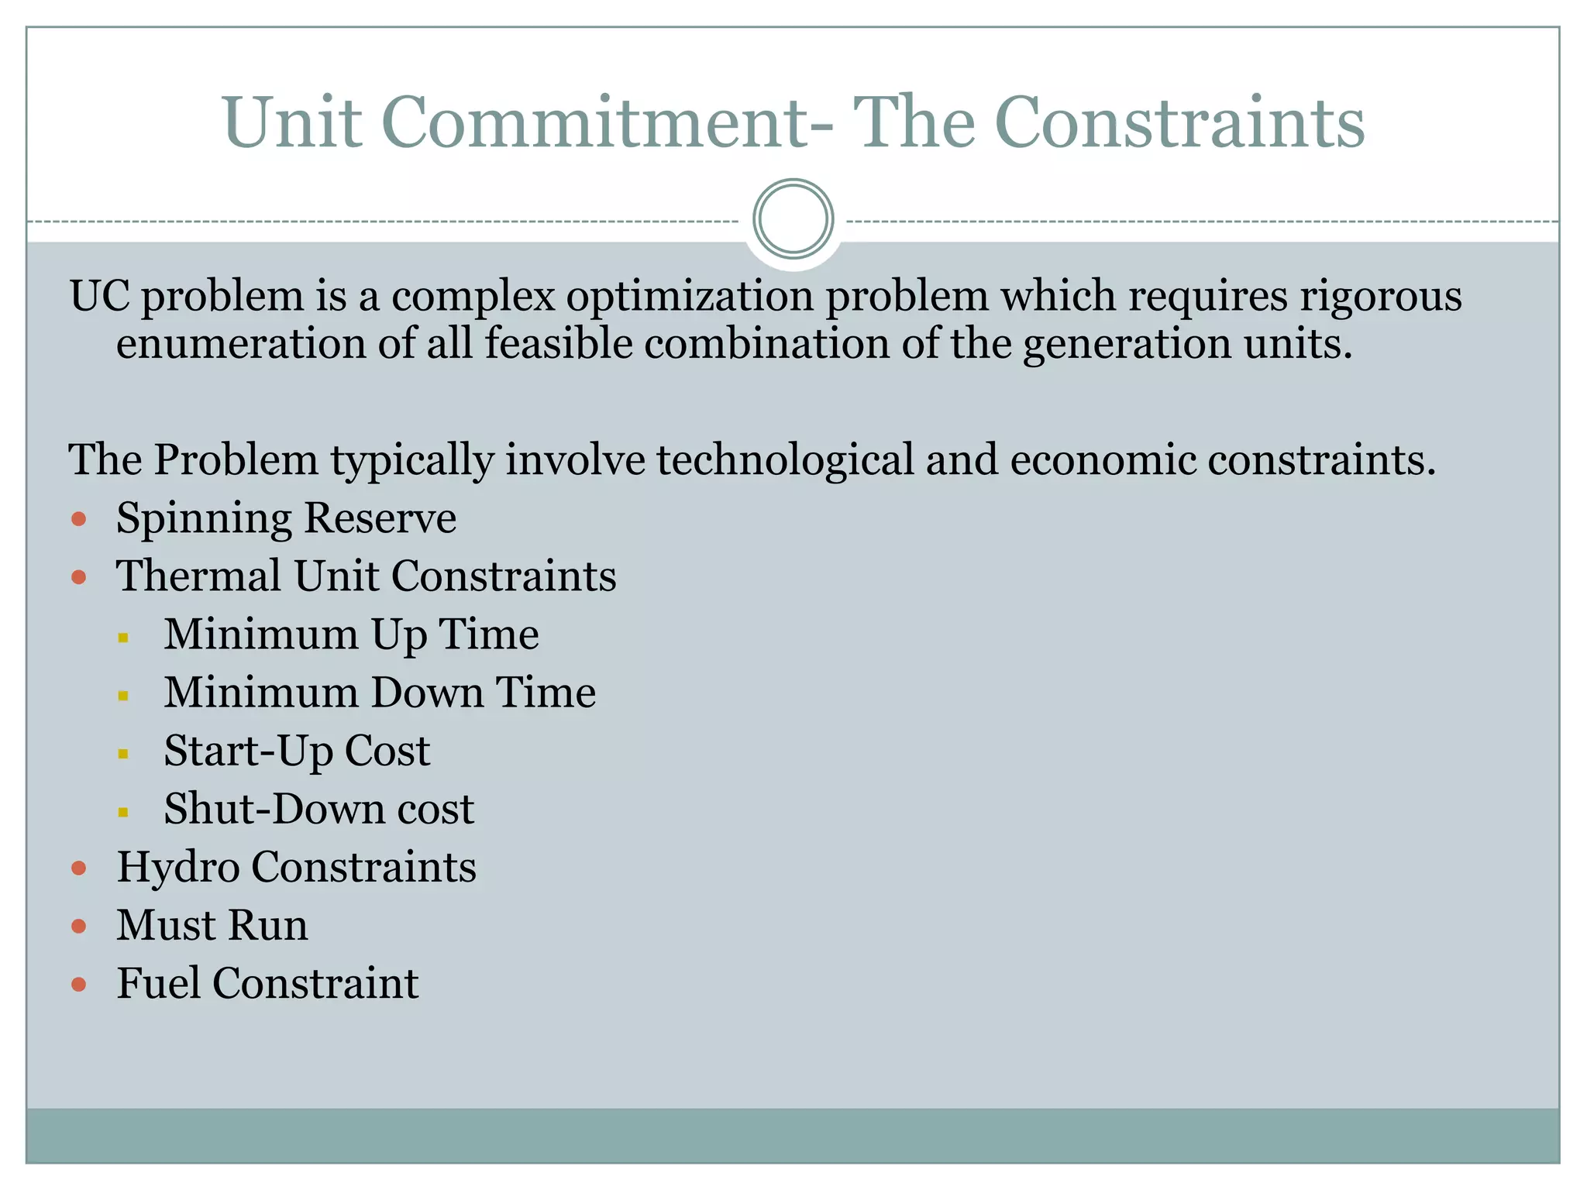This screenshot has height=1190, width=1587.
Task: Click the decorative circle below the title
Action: (793, 219)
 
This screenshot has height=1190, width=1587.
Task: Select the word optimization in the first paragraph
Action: (690, 297)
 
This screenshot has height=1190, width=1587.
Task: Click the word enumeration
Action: (241, 343)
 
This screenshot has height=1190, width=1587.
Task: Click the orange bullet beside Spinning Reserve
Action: (78, 518)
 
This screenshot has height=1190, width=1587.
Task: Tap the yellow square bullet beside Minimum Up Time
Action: (123, 638)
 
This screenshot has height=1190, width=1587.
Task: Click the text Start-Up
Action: (248, 751)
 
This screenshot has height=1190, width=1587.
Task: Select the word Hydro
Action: (178, 867)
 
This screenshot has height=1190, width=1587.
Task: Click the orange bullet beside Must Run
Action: (78, 926)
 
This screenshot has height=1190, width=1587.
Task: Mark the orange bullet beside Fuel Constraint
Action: (78, 985)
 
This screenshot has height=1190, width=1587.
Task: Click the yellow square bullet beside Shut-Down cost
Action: (123, 812)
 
